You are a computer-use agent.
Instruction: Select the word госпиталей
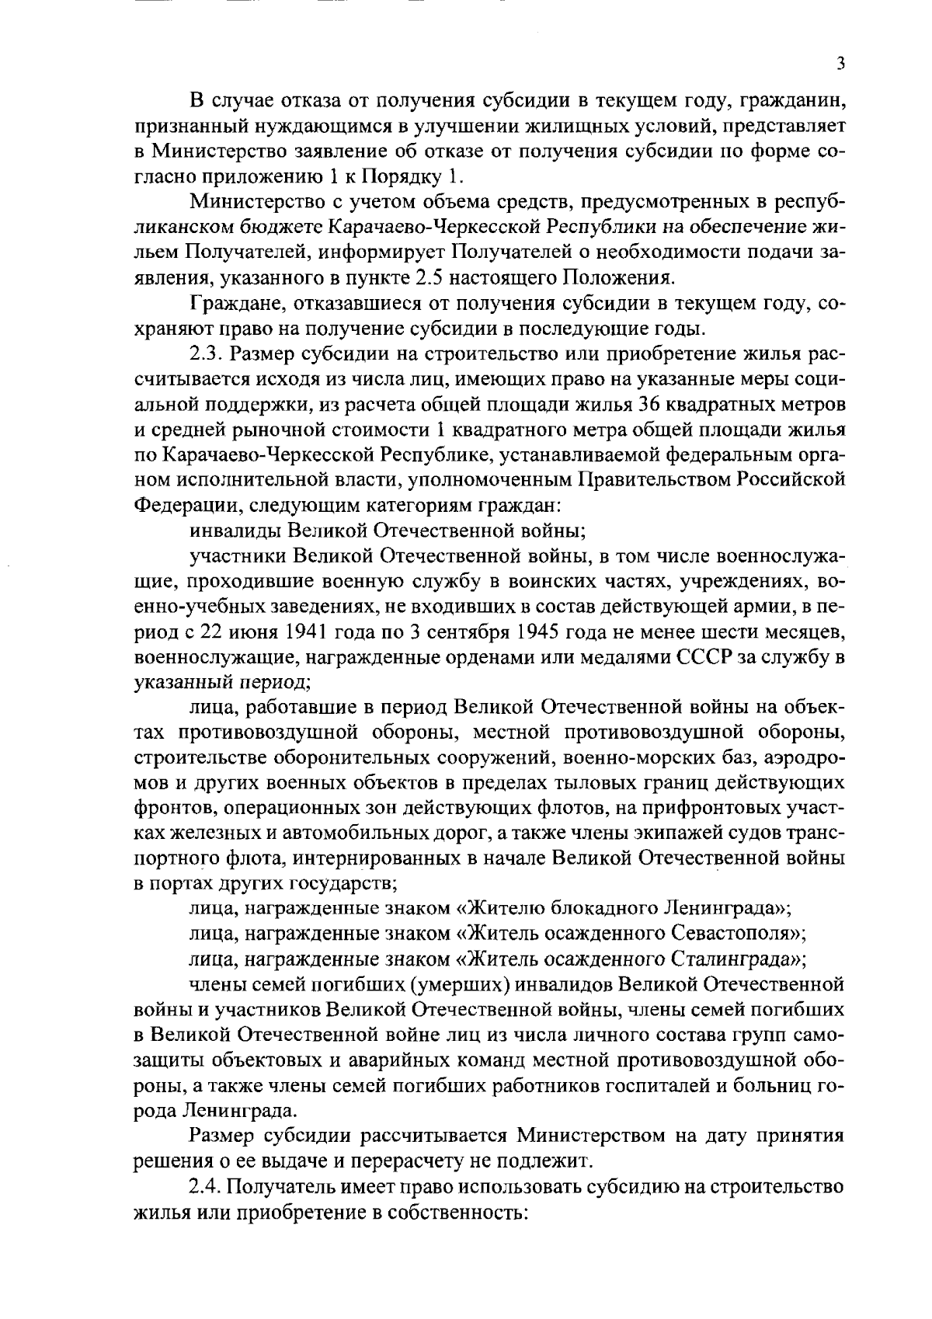[667, 1084]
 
